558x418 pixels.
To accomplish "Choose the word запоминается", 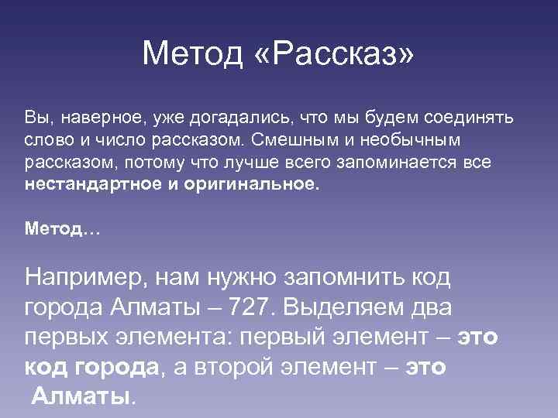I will tap(401, 163).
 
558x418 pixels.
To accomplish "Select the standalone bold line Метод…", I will tap(64, 228).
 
